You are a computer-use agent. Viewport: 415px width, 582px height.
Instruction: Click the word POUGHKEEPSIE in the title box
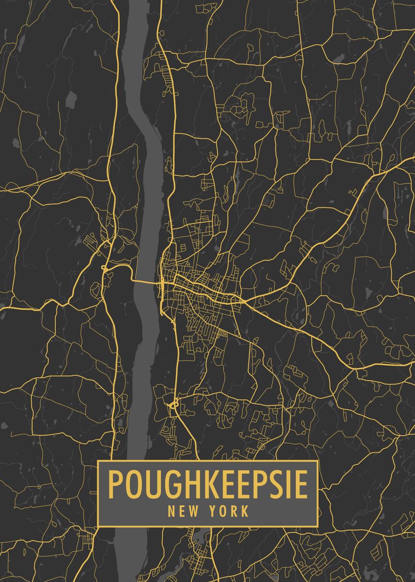coord(208,484)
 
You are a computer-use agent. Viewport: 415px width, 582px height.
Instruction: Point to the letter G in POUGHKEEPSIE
coord(168,484)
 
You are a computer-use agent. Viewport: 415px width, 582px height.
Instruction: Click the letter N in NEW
coord(171,511)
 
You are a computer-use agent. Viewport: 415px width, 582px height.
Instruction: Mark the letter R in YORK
coord(235,511)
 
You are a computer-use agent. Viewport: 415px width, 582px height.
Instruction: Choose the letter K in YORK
coord(246,511)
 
